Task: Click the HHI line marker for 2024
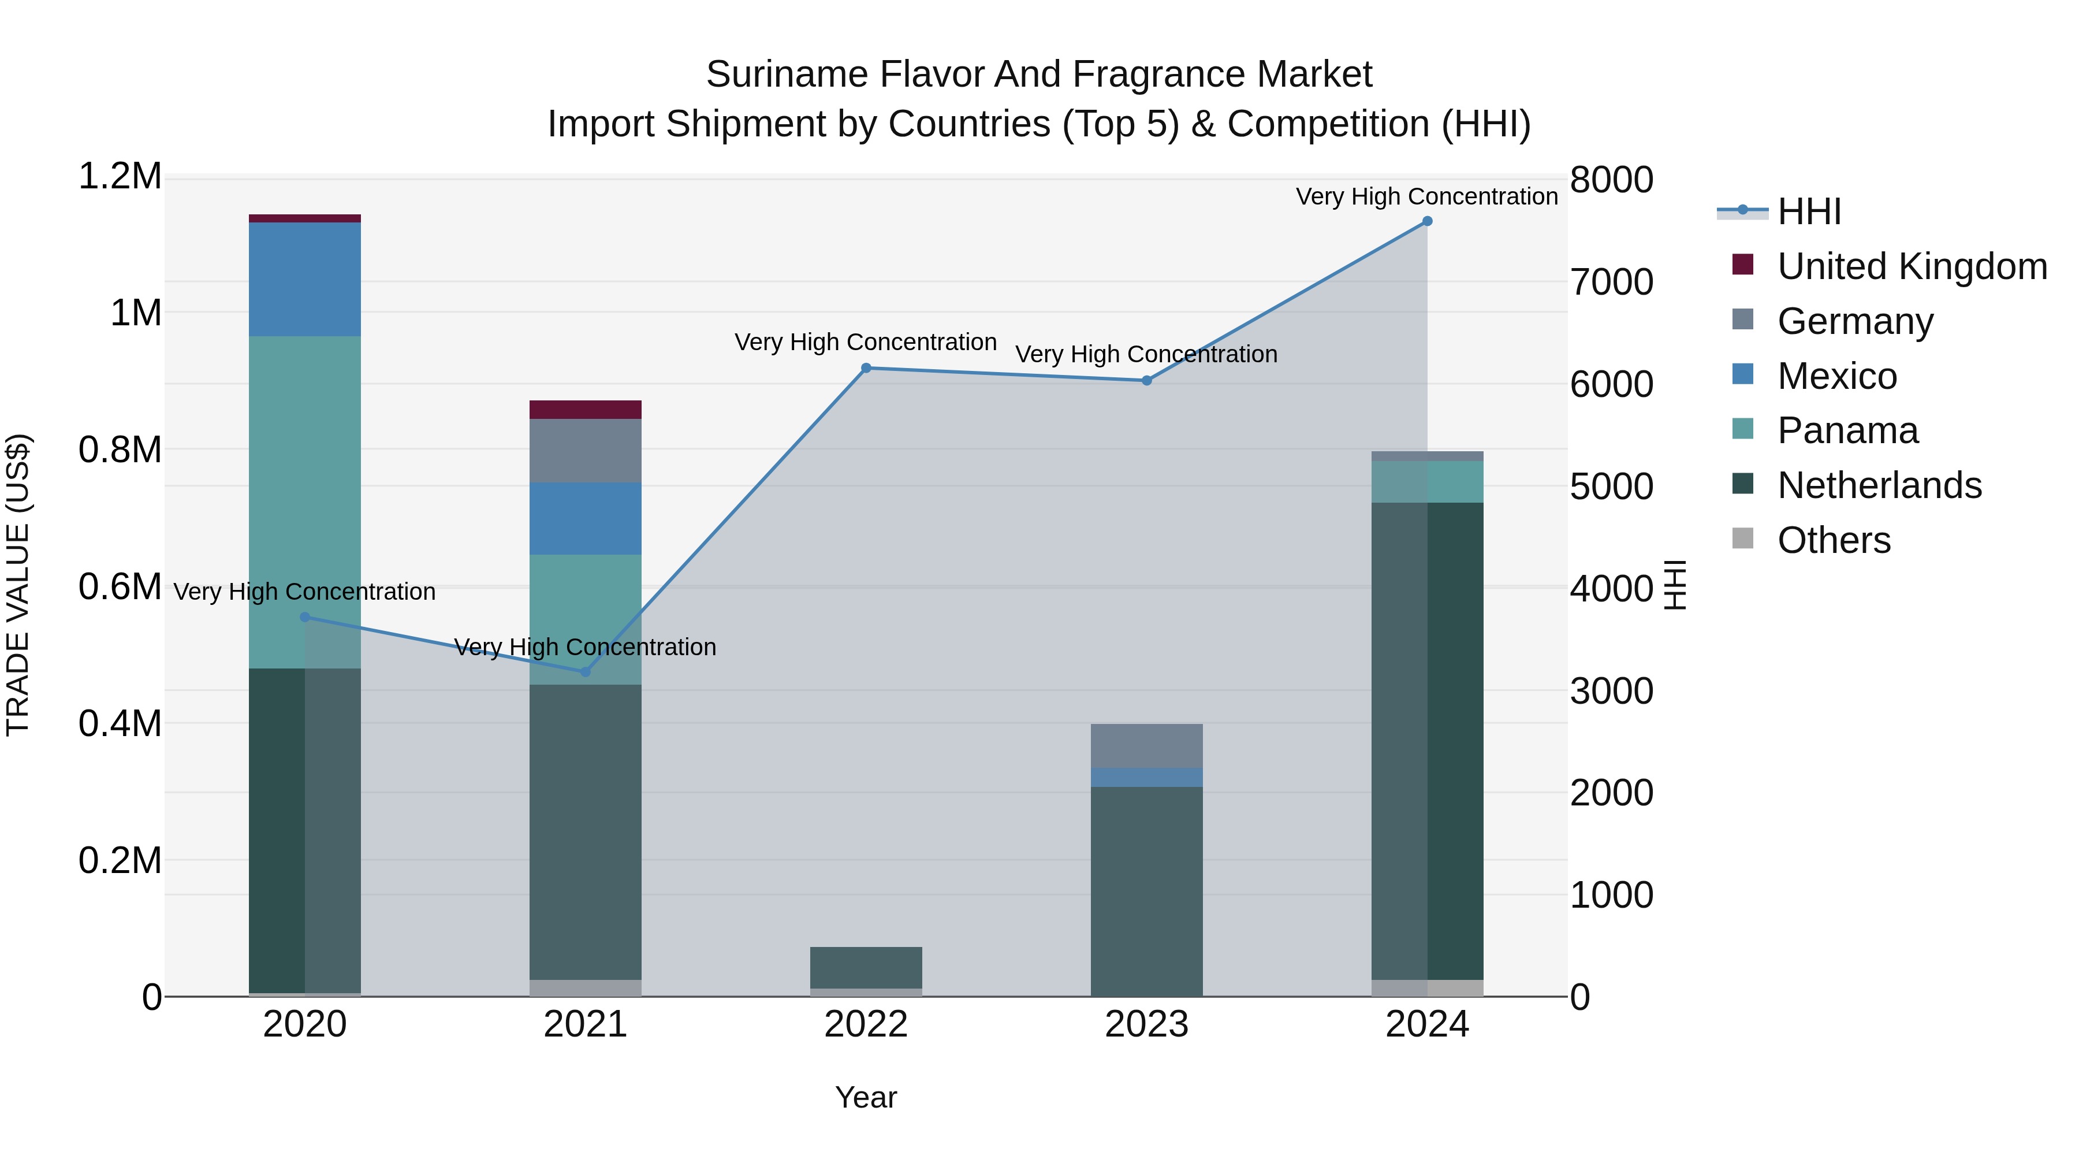click(x=1427, y=221)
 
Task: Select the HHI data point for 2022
click(x=866, y=368)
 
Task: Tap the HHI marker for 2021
click(x=586, y=672)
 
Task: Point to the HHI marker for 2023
click(x=1147, y=380)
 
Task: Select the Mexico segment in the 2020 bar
click(x=304, y=280)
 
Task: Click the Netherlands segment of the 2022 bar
click(x=866, y=967)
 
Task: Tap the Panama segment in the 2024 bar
click(x=1427, y=481)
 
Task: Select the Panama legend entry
click(x=1847, y=430)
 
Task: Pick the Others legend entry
click(x=1834, y=540)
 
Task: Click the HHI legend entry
click(x=1809, y=211)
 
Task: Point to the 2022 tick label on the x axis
click(x=866, y=1024)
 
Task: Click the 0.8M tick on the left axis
click(x=120, y=450)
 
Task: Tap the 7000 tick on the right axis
click(x=1611, y=283)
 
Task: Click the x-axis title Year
click(x=866, y=1097)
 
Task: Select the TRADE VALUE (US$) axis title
click(x=18, y=585)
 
